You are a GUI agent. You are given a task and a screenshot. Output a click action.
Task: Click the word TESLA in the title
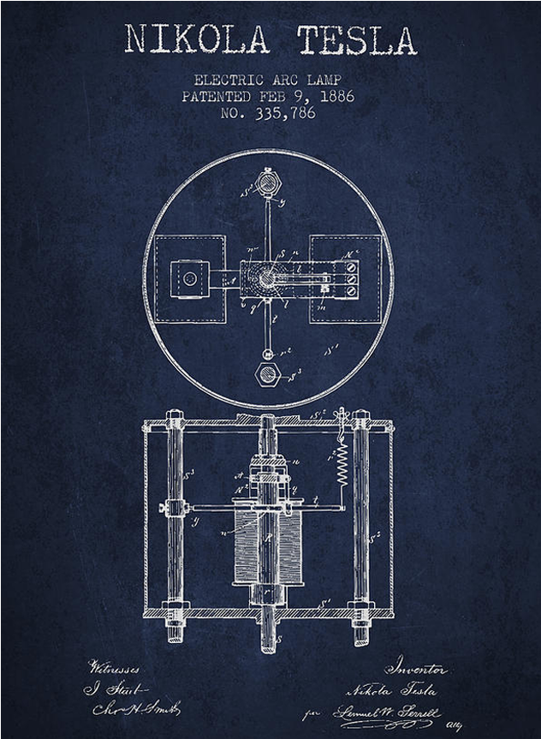pyautogui.click(x=357, y=40)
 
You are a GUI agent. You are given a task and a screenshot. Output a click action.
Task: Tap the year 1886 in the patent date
pyautogui.click(x=330, y=97)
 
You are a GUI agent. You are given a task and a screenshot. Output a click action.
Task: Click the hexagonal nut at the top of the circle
pyautogui.click(x=266, y=184)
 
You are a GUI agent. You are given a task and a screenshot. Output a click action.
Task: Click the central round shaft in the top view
pyautogui.click(x=268, y=277)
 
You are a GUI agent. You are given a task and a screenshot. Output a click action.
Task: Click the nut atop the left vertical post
pyautogui.click(x=176, y=420)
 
